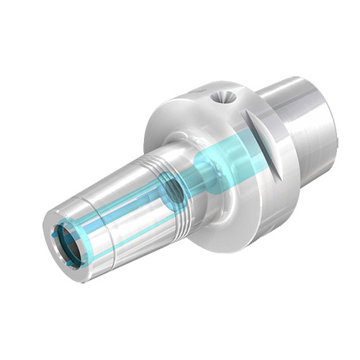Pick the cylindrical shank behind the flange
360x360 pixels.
302,130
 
